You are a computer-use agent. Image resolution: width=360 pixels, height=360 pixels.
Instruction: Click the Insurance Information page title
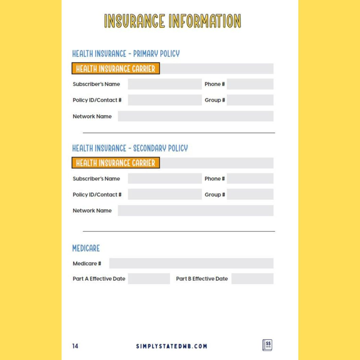click(x=172, y=21)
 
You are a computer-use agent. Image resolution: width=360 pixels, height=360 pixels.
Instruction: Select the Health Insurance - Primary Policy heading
click(x=125, y=53)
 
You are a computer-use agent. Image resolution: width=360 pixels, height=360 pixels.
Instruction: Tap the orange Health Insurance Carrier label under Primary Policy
click(x=115, y=69)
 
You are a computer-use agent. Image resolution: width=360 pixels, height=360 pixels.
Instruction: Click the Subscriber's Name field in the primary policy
click(x=164, y=84)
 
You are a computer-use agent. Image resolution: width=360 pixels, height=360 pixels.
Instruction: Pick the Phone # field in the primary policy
click(x=250, y=84)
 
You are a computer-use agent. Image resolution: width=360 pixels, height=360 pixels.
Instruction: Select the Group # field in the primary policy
click(x=250, y=100)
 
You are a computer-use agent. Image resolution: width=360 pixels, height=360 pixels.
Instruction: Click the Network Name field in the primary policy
click(x=195, y=116)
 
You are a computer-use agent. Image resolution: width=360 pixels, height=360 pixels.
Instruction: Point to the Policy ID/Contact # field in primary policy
click(x=164, y=100)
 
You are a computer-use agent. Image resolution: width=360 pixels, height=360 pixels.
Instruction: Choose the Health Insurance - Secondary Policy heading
click(x=130, y=148)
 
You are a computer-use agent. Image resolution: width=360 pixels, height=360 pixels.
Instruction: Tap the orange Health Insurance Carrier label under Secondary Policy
click(x=115, y=163)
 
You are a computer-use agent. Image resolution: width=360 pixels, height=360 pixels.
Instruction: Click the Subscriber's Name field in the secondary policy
click(x=164, y=178)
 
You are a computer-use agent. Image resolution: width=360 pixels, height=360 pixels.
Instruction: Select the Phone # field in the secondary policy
click(x=250, y=178)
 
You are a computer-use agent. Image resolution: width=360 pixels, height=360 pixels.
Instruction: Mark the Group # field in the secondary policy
click(x=250, y=194)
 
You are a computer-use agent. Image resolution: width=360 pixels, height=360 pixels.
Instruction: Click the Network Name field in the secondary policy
click(x=195, y=210)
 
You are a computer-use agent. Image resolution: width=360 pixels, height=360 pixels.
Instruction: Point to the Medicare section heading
click(x=86, y=248)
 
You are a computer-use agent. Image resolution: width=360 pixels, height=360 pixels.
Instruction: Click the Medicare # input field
click(x=191, y=263)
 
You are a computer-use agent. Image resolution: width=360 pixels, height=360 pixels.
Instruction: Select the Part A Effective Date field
click(x=149, y=278)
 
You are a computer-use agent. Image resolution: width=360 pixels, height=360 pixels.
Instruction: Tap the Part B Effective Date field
click(x=252, y=278)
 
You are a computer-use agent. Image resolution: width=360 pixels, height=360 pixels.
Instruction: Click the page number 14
click(x=75, y=346)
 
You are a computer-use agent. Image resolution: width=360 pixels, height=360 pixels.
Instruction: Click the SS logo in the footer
click(x=267, y=345)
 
